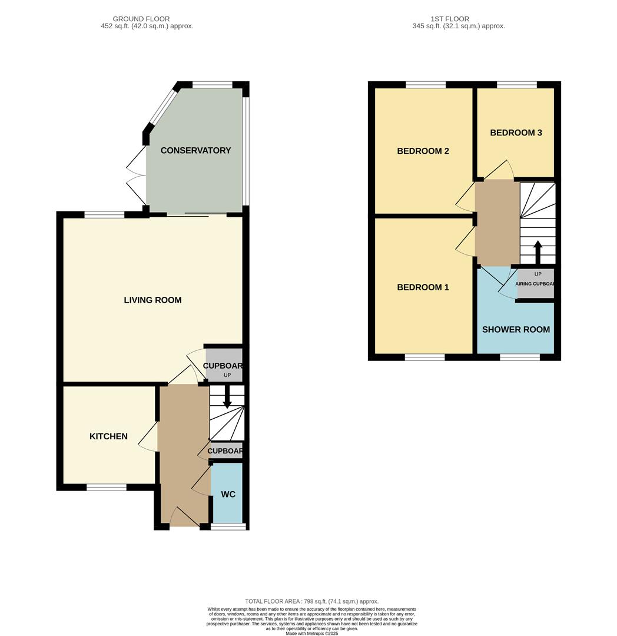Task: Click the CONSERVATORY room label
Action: [195, 150]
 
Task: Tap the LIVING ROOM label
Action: [152, 300]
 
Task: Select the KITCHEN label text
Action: [108, 436]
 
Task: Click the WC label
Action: [228, 494]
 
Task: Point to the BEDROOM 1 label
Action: [423, 287]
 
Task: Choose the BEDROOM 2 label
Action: [423, 151]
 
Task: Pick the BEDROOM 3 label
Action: [516, 132]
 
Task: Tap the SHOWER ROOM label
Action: [516, 329]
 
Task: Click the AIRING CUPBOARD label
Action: [535, 284]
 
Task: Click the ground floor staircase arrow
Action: [227, 400]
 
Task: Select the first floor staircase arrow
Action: [537, 250]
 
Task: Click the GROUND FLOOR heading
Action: [147, 19]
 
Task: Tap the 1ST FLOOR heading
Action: [459, 19]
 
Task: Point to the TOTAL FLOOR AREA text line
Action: [311, 601]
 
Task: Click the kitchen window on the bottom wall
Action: [107, 487]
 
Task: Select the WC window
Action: [228, 526]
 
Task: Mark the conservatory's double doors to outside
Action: [137, 175]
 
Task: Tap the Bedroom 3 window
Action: [516, 85]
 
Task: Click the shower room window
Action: [520, 357]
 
